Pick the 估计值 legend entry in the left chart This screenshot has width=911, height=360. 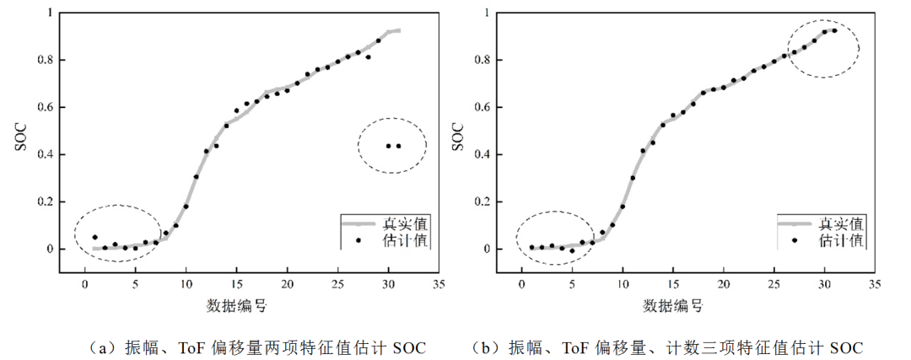406,240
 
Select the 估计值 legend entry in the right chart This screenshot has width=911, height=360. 842,240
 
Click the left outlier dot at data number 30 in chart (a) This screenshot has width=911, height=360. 388,146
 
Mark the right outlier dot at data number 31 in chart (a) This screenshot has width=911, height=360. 398,146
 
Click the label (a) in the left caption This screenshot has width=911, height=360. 103,347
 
